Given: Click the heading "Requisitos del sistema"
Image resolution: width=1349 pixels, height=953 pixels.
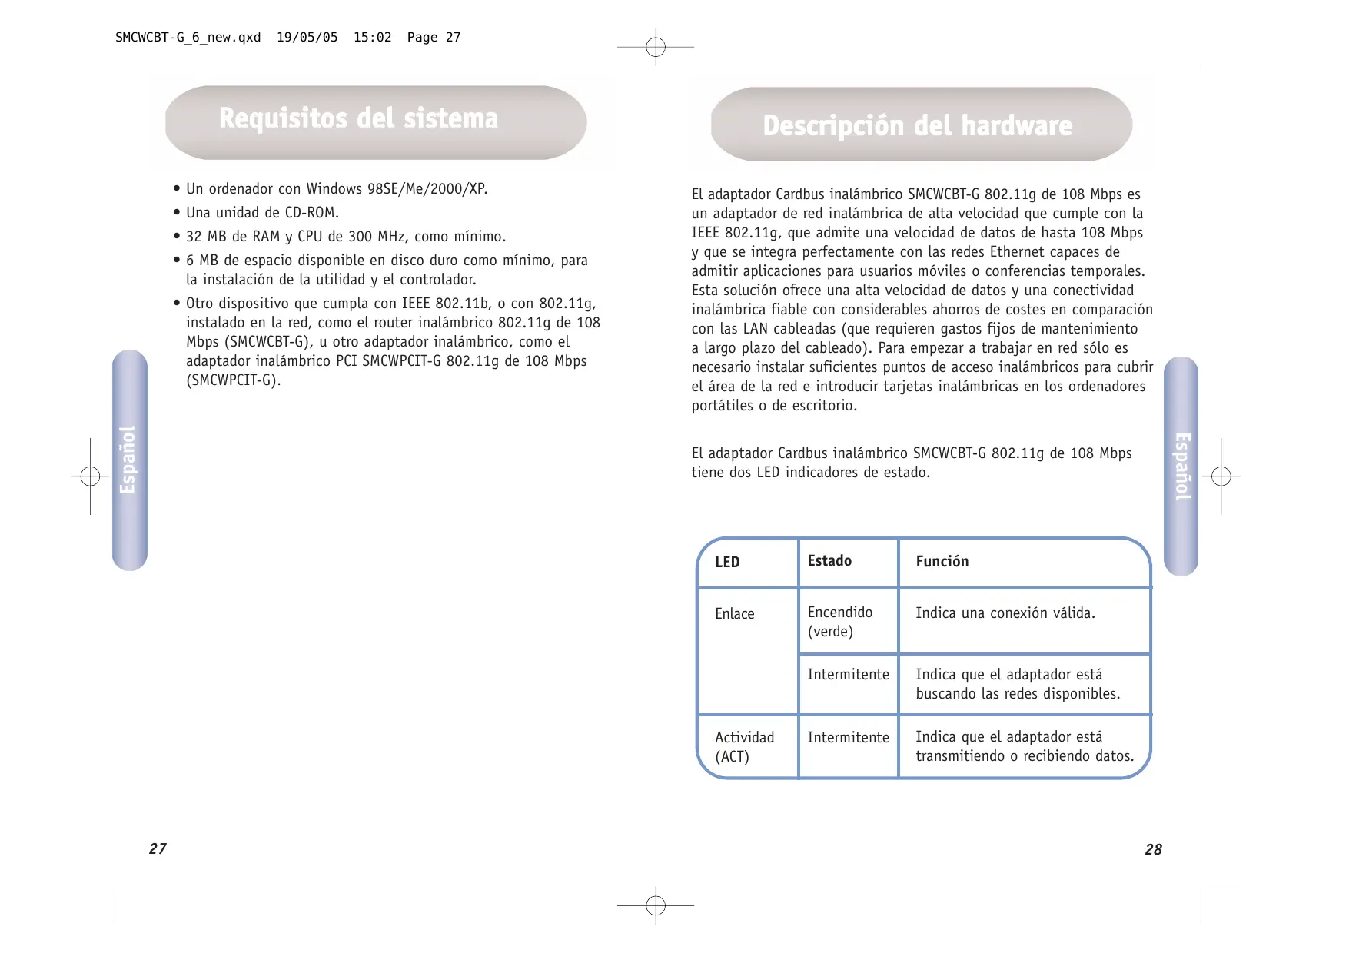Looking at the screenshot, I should pyautogui.click(x=358, y=119).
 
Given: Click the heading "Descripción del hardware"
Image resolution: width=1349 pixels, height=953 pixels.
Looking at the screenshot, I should pyautogui.click(x=917, y=126).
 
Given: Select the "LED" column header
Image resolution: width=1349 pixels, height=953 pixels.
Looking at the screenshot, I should pyautogui.click(x=727, y=562).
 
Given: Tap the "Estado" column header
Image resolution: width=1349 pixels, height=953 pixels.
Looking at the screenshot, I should pyautogui.click(x=829, y=561).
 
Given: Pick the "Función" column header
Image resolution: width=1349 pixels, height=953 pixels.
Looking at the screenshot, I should pyautogui.click(x=942, y=562).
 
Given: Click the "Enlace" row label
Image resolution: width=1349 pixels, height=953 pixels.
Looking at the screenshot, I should pyautogui.click(x=734, y=614).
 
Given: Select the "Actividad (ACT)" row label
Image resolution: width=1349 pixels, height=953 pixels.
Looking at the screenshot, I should pyautogui.click(x=744, y=746).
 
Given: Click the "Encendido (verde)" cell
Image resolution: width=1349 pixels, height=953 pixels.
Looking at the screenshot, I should pyautogui.click(x=839, y=622).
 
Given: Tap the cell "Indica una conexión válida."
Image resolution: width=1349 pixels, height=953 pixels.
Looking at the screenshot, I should pyautogui.click(x=1005, y=613).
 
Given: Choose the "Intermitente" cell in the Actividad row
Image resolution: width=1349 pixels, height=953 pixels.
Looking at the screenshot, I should pyautogui.click(x=848, y=738).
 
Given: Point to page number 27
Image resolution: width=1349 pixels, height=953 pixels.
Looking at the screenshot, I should pyautogui.click(x=158, y=848).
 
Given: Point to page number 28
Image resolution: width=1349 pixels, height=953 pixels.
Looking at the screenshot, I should pyautogui.click(x=1153, y=849).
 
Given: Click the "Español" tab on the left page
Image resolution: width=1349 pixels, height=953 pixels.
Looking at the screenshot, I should pyautogui.click(x=129, y=460).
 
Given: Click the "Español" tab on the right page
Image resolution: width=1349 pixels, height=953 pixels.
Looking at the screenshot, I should pyautogui.click(x=1181, y=466).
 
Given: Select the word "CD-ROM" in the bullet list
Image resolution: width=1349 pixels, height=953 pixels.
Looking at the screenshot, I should pyautogui.click(x=311, y=213).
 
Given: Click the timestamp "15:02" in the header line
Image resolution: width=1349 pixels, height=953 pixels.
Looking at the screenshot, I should pyautogui.click(x=372, y=38).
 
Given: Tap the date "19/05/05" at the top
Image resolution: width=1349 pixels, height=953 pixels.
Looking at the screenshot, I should pyautogui.click(x=307, y=38).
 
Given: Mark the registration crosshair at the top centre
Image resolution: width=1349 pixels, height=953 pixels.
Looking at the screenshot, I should pyautogui.click(x=656, y=48).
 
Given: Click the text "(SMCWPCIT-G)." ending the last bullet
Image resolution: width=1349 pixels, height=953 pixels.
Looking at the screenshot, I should pyautogui.click(x=234, y=380).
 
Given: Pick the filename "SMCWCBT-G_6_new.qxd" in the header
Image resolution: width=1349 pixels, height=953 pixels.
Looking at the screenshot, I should pyautogui.click(x=188, y=38).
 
